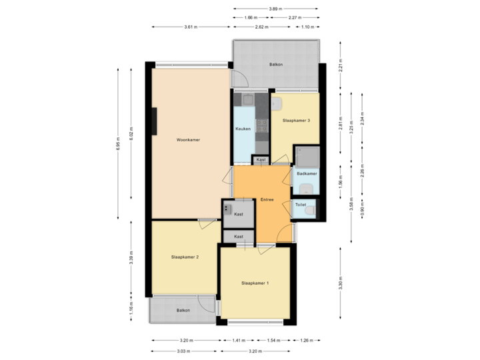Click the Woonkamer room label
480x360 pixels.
point(189,140)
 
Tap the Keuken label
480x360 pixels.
point(243,129)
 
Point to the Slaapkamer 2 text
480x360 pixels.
point(185,256)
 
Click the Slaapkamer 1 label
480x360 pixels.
point(255,283)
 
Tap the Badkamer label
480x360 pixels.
point(306,173)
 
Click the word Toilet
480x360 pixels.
point(301,205)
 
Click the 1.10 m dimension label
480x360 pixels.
point(307,27)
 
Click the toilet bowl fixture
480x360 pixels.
point(311,211)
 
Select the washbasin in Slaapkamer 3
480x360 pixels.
point(277,103)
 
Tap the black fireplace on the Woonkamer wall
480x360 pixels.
point(154,121)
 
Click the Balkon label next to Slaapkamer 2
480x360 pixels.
point(183,311)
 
